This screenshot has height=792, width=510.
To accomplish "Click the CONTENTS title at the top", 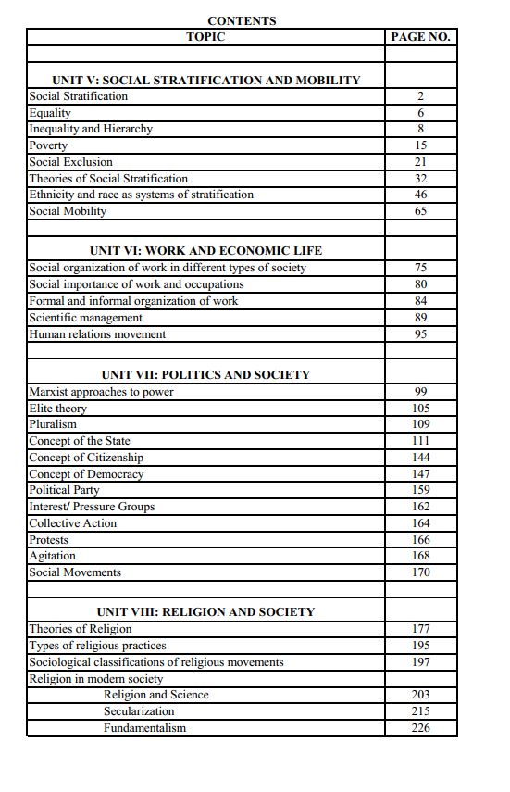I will [x=242, y=20].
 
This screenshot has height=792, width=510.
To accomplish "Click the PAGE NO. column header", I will [x=420, y=37].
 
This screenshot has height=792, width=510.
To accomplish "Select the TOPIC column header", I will [x=205, y=37].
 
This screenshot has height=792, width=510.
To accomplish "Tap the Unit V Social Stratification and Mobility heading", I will [x=205, y=81].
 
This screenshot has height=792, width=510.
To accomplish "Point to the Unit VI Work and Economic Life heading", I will [x=205, y=251].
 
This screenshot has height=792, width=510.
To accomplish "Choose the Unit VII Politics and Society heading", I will [x=205, y=375].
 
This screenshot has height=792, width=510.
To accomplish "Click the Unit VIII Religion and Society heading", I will [x=205, y=612].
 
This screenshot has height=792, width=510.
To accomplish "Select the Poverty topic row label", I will [x=48, y=145].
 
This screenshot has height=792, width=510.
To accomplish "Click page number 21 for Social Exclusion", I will [x=420, y=162].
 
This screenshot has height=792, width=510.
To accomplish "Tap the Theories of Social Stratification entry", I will [x=108, y=179].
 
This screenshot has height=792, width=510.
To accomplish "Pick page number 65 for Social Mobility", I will [x=420, y=211].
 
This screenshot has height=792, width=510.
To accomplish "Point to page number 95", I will [x=420, y=334].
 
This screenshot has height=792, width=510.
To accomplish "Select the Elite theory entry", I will [x=57, y=409].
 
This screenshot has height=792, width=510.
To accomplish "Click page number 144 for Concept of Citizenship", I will [x=420, y=458].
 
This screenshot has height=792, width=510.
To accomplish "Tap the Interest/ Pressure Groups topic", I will [x=92, y=507].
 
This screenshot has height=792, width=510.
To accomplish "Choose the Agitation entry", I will [x=52, y=556].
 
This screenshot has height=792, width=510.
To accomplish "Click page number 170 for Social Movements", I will [x=420, y=572].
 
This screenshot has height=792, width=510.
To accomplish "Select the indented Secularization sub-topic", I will [x=139, y=711].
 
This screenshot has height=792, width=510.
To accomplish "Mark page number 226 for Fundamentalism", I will [x=420, y=728].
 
